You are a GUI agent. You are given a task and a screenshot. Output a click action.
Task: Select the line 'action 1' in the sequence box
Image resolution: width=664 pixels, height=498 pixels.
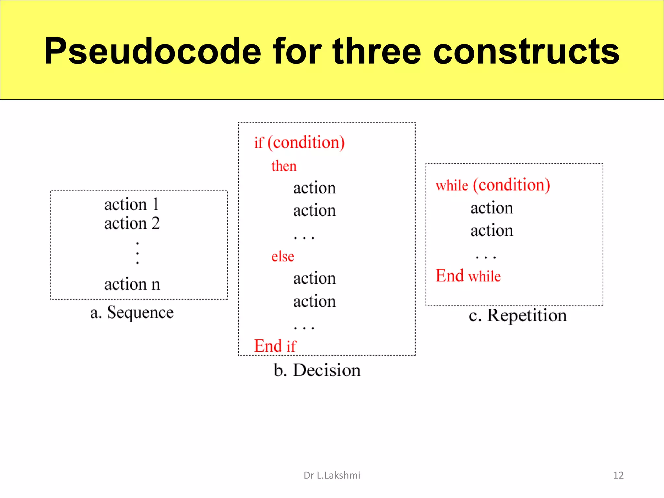point(132,205)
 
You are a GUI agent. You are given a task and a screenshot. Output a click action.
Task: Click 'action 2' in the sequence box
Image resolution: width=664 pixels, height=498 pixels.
point(132,223)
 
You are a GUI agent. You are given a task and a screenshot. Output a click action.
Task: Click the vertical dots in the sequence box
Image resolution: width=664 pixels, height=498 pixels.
point(137,253)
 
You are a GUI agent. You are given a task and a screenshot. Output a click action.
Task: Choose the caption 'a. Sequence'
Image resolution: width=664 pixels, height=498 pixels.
point(132,313)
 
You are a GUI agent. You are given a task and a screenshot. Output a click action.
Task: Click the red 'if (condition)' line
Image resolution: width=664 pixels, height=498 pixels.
point(299,143)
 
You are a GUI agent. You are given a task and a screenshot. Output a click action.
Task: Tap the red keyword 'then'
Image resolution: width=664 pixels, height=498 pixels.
point(284,166)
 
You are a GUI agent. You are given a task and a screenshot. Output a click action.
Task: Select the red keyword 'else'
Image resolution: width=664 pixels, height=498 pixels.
point(283,256)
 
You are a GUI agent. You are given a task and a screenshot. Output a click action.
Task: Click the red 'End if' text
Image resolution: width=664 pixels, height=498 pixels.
point(275,346)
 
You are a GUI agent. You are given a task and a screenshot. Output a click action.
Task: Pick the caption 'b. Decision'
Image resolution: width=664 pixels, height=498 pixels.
point(317,370)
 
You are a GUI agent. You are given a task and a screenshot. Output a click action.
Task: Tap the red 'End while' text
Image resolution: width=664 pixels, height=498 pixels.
point(468,276)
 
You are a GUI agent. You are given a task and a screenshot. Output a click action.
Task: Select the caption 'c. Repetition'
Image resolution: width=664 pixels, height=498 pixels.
point(517,315)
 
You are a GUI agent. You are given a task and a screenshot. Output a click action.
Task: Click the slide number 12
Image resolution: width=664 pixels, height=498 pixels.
point(618,475)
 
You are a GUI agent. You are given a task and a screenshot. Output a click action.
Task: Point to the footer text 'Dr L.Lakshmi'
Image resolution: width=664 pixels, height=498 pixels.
point(332,475)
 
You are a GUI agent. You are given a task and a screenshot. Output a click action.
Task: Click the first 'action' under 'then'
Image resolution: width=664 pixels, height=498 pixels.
point(314,188)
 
